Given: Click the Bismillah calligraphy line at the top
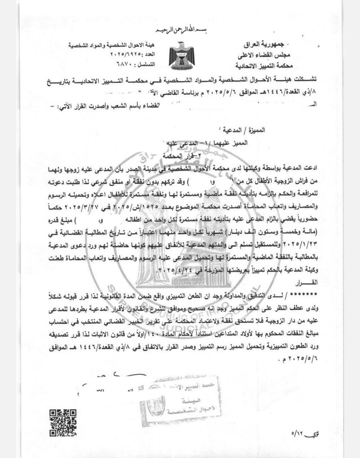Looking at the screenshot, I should pyautogui.click(x=180, y=31).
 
